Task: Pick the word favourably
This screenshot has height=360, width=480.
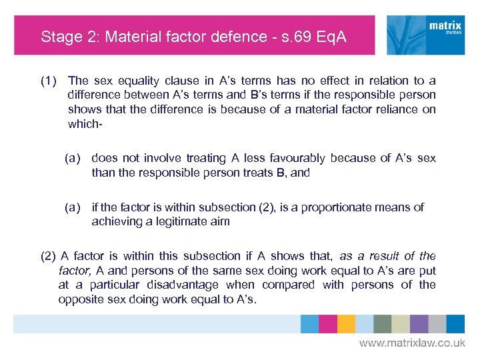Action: (x=297, y=158)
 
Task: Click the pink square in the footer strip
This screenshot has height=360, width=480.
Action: (x=327, y=323)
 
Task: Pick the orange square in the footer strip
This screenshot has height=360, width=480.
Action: (x=345, y=323)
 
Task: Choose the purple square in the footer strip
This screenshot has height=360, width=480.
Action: (x=419, y=323)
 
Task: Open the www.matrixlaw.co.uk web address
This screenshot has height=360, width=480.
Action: (x=412, y=343)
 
